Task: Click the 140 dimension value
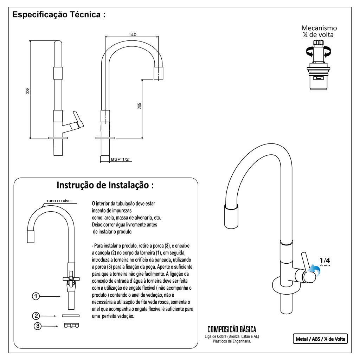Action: pos(132,35)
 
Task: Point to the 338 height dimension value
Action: pos(27,91)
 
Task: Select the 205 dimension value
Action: pos(139,106)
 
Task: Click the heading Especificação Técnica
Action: pos(59,14)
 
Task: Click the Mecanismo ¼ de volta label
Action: pos(319,31)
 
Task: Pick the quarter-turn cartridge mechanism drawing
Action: pos(319,65)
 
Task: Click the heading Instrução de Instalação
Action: pos(105,185)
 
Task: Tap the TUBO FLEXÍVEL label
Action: pos(59,201)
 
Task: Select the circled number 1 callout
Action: pos(36,296)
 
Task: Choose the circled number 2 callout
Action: pos(36,316)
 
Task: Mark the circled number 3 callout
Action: pos(38,326)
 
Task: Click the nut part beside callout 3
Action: pos(71,325)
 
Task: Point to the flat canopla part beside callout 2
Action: pos(71,316)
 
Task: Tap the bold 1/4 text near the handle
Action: pos(325,261)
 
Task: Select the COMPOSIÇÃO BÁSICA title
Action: pos(232,329)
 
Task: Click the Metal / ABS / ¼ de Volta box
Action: pos(320,339)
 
